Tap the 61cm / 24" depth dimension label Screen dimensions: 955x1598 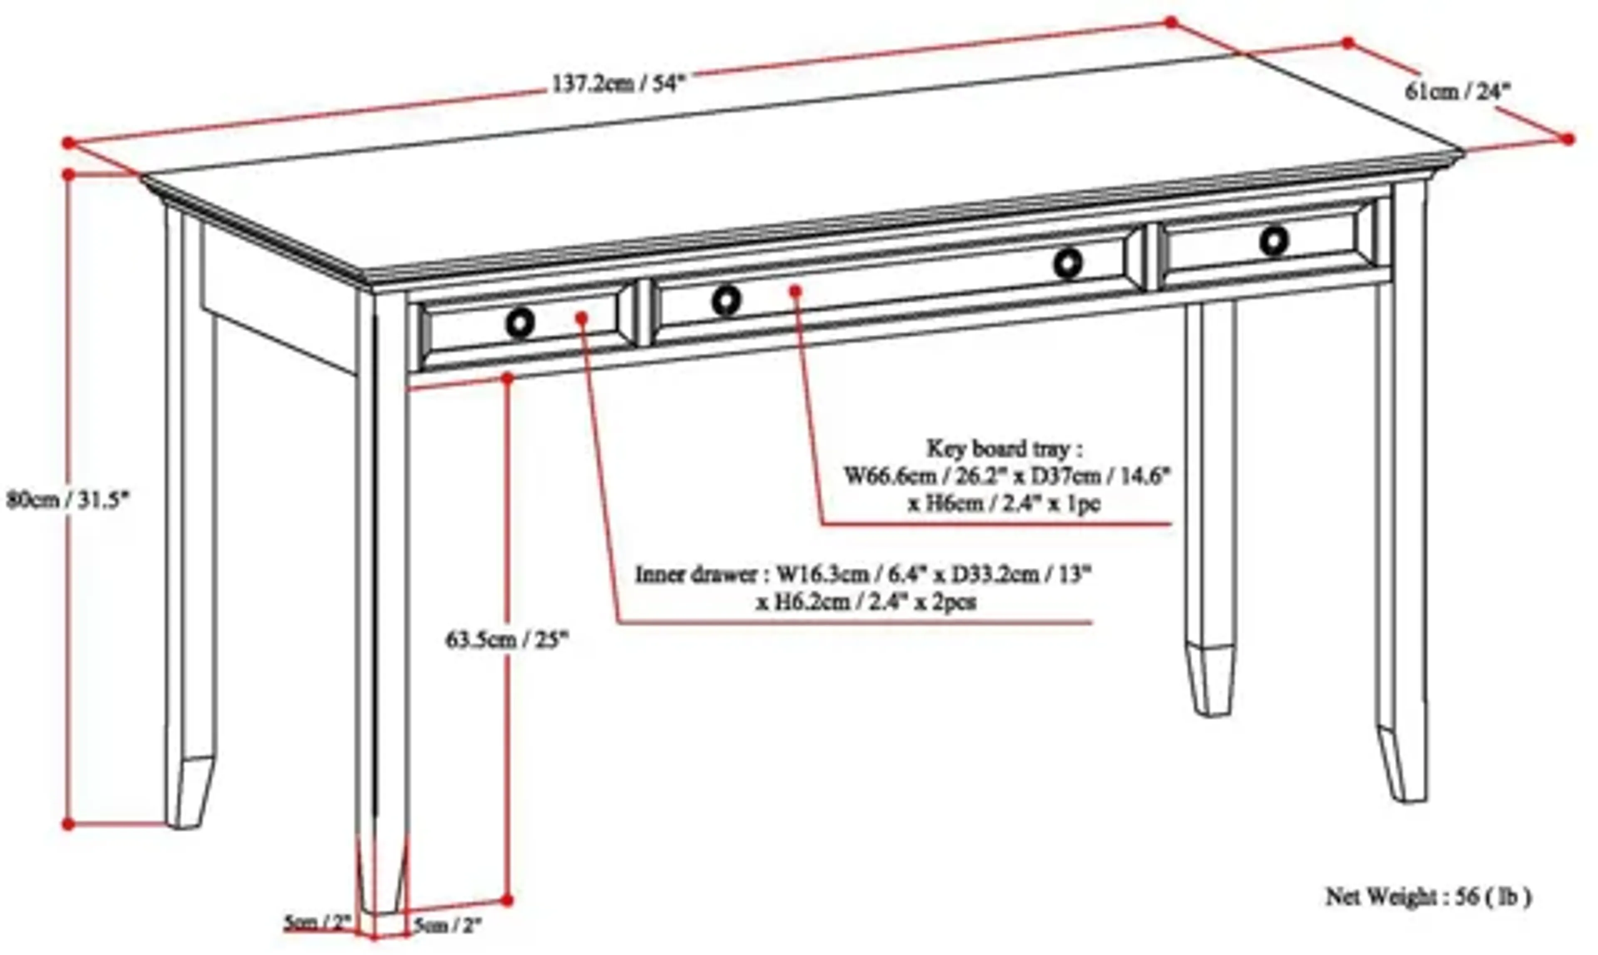click(x=1457, y=92)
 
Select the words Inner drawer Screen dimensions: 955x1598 click(x=696, y=574)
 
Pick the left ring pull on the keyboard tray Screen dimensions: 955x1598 click(x=726, y=301)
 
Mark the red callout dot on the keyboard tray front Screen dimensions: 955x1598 click(x=796, y=291)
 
